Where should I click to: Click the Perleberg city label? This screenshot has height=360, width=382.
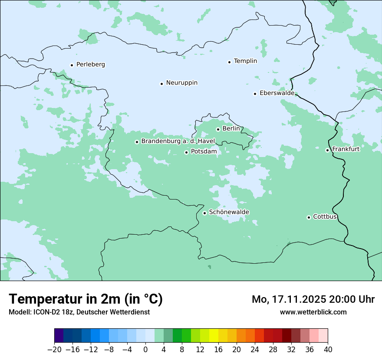click(90, 65)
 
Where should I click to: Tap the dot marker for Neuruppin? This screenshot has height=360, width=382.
click(161, 84)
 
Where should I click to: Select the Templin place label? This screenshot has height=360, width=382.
click(245, 61)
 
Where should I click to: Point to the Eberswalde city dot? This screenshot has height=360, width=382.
click(255, 94)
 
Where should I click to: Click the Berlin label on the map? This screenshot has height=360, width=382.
click(231, 129)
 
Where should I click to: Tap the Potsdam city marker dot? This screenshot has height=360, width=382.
click(186, 152)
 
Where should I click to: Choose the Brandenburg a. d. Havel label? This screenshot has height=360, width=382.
click(178, 141)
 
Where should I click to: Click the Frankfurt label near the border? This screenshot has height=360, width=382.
click(346, 149)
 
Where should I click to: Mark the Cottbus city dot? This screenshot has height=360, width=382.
click(309, 217)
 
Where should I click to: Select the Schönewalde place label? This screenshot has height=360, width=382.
click(229, 212)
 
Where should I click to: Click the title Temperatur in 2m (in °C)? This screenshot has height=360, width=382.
click(86, 299)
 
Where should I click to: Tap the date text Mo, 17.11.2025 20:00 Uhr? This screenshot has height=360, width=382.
click(313, 299)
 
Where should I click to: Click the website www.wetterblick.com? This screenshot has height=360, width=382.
click(313, 312)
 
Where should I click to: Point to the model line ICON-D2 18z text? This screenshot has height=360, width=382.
click(79, 312)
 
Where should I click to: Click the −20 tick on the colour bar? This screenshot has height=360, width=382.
click(55, 350)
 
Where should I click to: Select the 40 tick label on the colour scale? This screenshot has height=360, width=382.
click(328, 350)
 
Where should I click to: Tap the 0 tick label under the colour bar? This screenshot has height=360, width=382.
click(145, 350)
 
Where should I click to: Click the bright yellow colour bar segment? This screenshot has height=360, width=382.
click(214, 336)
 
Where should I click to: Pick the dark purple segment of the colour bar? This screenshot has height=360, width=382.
click(59, 336)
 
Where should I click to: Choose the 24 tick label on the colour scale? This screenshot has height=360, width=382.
click(255, 350)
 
